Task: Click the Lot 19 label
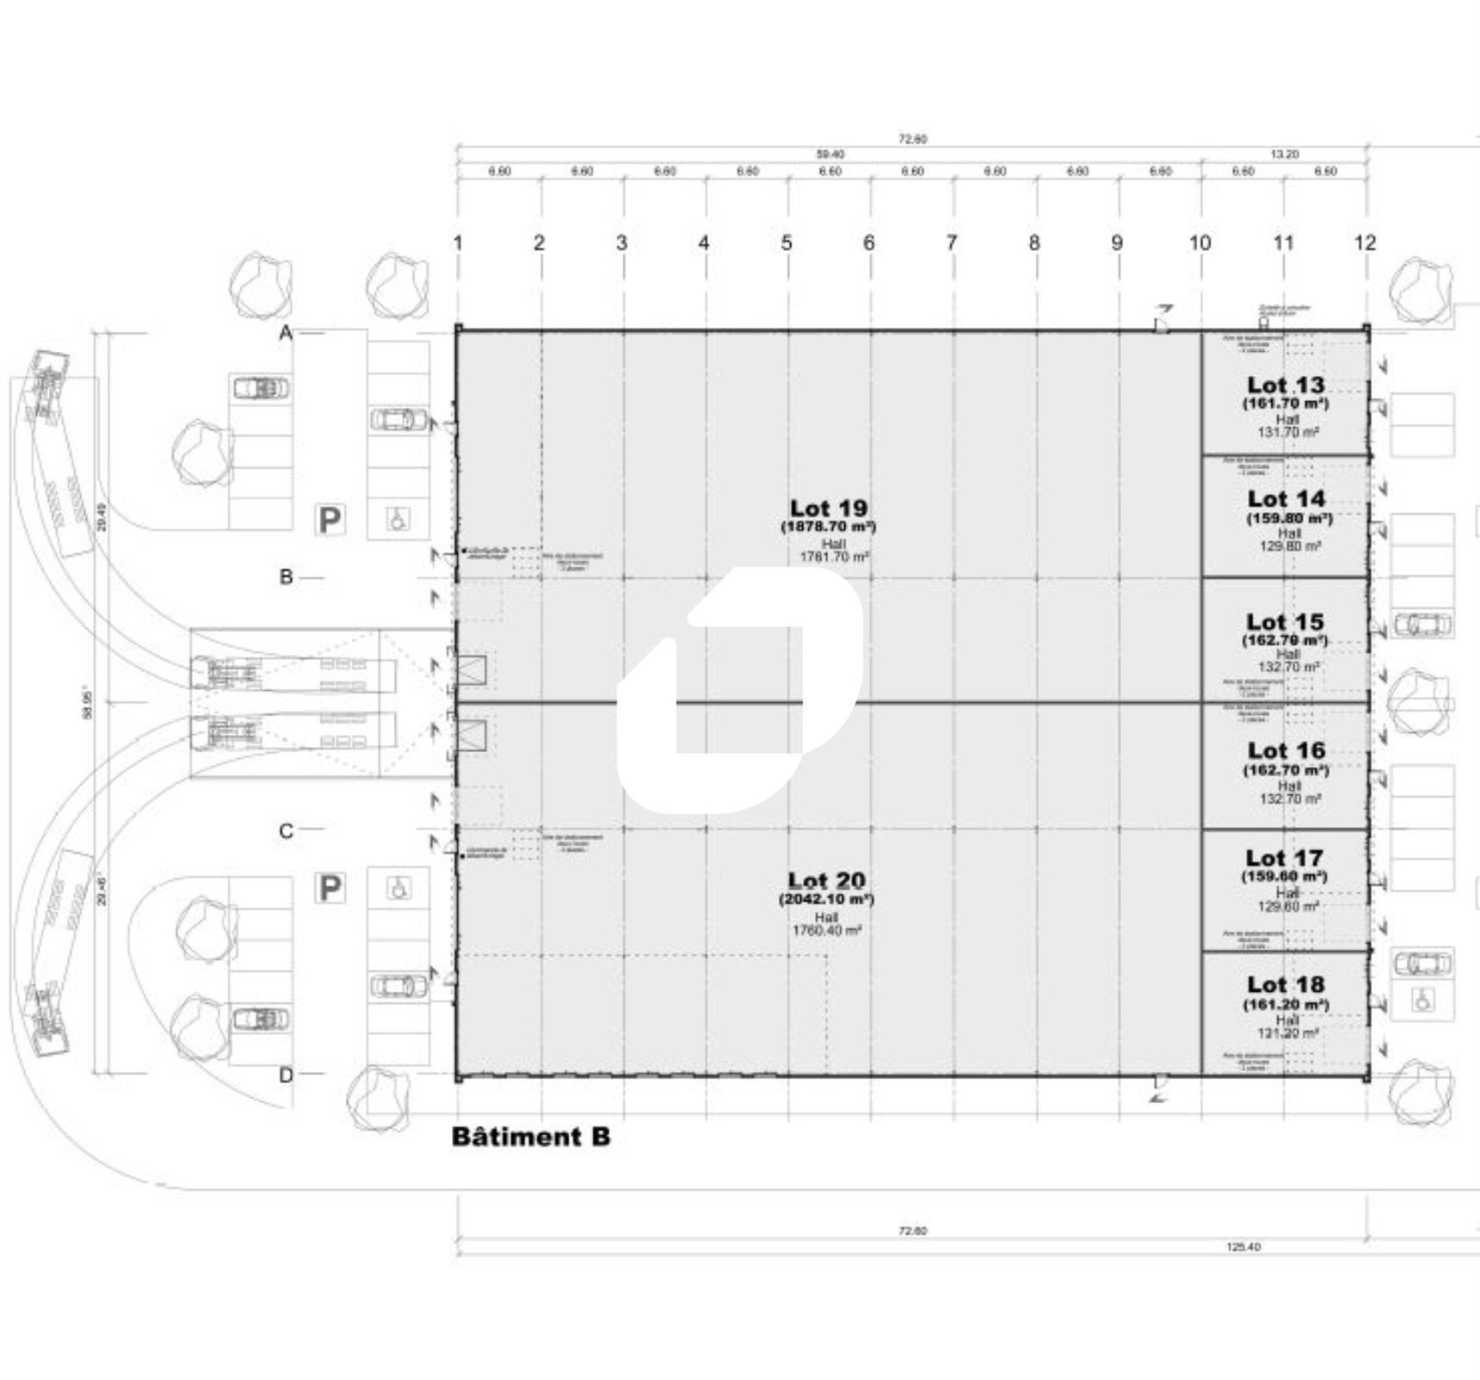tap(828, 508)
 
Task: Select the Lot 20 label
tap(826, 881)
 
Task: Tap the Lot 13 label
tap(1285, 385)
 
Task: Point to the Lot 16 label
tap(1285, 750)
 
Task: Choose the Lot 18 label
tap(1285, 984)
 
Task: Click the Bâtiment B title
tap(530, 1136)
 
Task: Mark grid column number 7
tap(951, 242)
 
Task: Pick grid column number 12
tap(1364, 242)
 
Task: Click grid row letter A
tap(286, 332)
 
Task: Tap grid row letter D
tap(286, 1075)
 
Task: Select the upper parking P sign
tap(329, 520)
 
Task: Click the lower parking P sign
tap(329, 888)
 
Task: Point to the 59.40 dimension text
tap(830, 154)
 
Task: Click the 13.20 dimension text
tap(1284, 154)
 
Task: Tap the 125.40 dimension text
tap(1242, 1246)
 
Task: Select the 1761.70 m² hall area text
tap(833, 557)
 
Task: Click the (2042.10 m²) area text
tap(826, 900)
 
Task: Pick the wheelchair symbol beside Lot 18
tap(1423, 1000)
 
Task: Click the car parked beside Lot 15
tap(1422, 623)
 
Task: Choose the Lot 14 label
tap(1285, 499)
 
